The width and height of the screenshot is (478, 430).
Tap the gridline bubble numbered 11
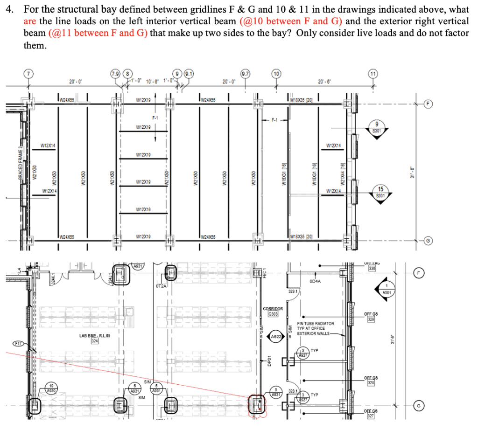coord(373,73)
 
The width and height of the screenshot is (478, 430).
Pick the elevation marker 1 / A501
coord(387,289)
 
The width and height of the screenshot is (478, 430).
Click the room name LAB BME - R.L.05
coord(94,335)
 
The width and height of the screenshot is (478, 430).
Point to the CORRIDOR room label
coord(273,308)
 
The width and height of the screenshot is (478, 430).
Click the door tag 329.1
coord(294,291)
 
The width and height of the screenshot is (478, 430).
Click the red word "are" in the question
coord(29,21)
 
